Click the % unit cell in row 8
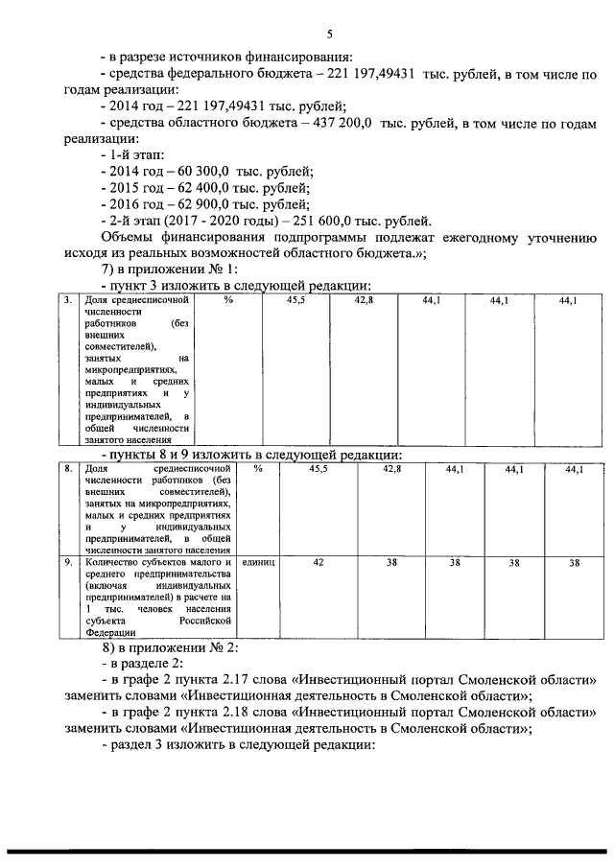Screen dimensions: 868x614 (x=258, y=469)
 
